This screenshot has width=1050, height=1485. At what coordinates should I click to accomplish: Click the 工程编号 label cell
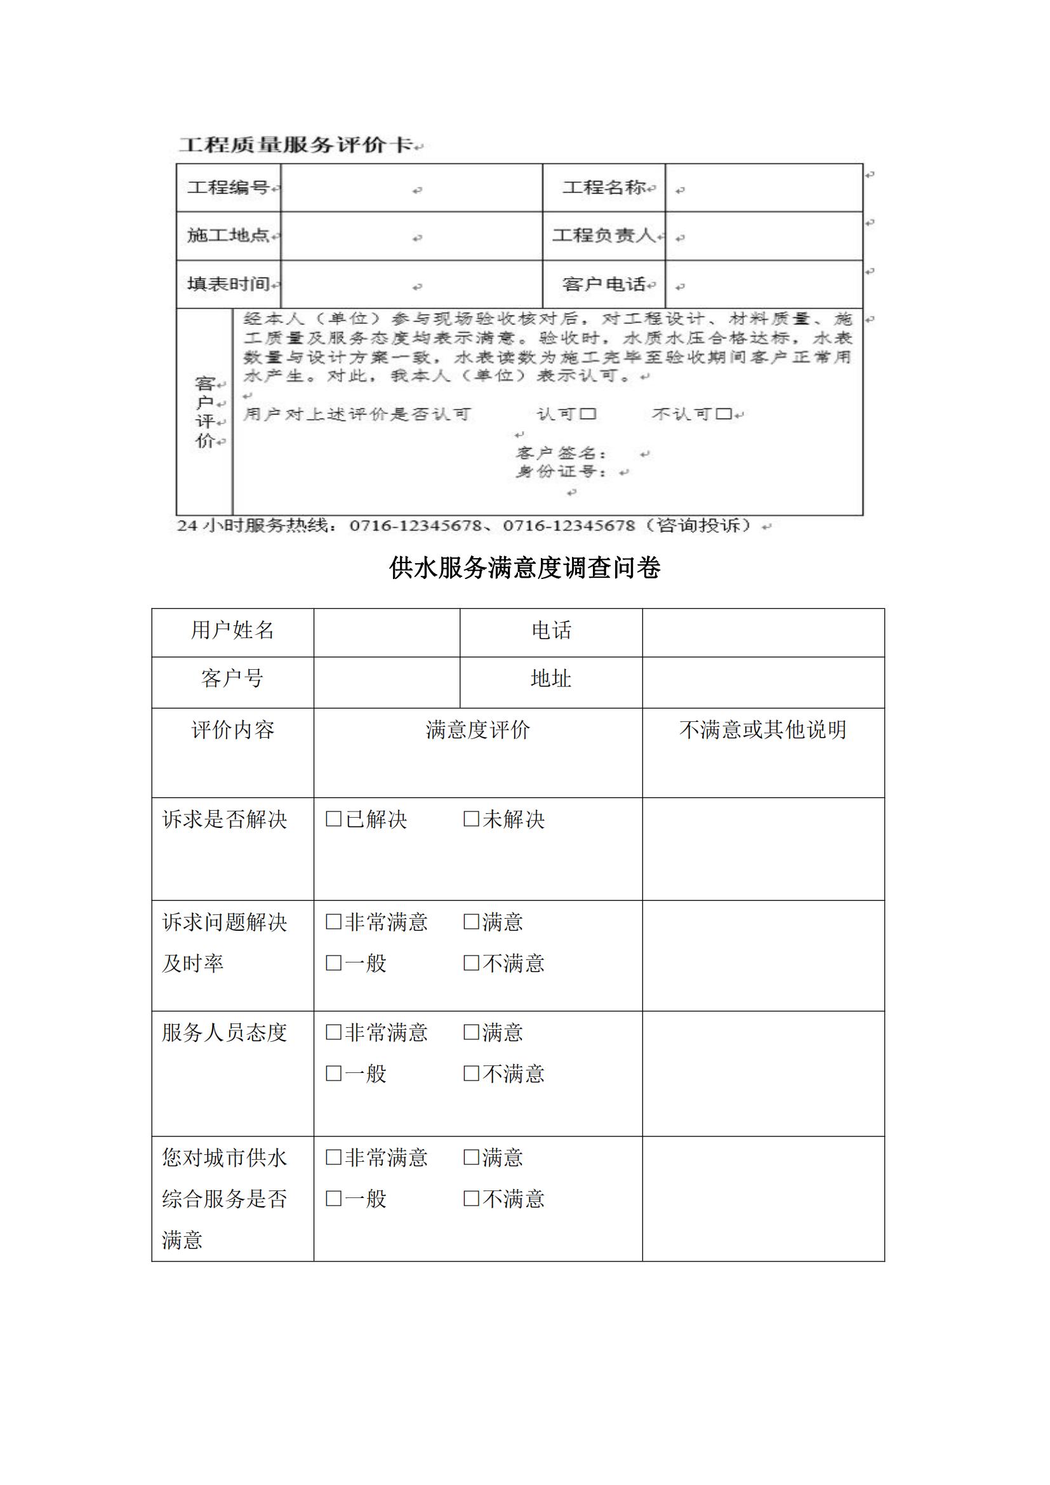[229, 187]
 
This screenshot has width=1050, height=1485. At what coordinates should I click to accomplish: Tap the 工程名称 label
[604, 187]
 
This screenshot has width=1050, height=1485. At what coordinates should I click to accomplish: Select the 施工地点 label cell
[229, 236]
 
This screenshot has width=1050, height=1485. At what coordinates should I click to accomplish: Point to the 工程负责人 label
[604, 236]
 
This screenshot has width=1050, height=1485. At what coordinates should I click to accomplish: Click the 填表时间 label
[229, 284]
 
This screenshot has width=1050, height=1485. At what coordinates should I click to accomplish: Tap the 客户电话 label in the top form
[604, 284]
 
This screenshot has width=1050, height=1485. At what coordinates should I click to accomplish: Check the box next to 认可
[588, 413]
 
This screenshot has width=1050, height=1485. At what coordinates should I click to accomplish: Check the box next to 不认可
[724, 413]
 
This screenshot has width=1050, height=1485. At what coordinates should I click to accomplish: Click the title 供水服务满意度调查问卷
[524, 568]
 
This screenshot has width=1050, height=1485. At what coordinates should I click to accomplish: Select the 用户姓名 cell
[232, 630]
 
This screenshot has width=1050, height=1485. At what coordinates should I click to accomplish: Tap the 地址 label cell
[551, 679]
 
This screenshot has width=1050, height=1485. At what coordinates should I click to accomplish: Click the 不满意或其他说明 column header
[763, 730]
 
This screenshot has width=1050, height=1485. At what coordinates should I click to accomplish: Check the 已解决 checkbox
[334, 819]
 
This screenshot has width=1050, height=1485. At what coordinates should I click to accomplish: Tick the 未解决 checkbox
[471, 819]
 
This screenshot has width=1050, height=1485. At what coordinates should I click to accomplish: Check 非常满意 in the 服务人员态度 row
[334, 1032]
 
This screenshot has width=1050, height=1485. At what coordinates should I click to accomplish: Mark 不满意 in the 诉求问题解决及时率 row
[471, 963]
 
